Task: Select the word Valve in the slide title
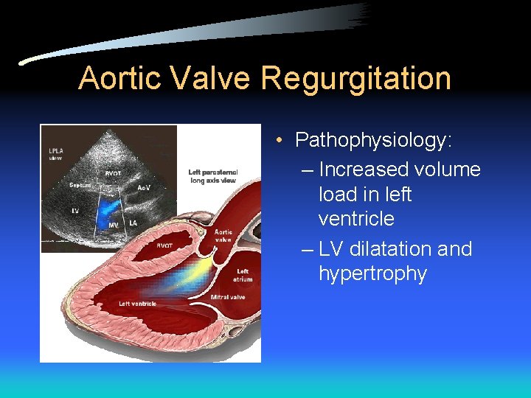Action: (x=213, y=77)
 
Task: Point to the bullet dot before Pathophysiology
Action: (x=282, y=140)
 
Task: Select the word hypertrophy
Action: (x=372, y=274)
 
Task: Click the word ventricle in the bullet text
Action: (x=356, y=219)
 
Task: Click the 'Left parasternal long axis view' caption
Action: (x=213, y=176)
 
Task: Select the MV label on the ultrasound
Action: (x=114, y=224)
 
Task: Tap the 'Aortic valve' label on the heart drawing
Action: (x=223, y=236)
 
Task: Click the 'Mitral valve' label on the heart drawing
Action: (x=228, y=297)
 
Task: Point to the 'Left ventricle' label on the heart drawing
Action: (x=138, y=304)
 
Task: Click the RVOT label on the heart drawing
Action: (x=164, y=245)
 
